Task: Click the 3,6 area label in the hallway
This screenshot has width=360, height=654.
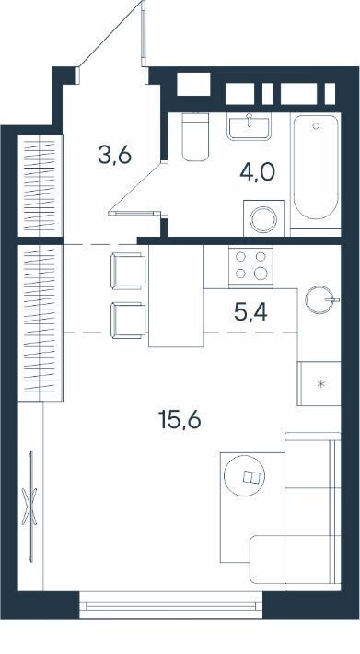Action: [114, 155]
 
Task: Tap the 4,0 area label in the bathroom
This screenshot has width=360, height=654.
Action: [258, 171]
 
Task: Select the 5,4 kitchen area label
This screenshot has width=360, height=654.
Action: [250, 312]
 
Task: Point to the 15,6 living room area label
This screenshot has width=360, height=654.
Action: [180, 420]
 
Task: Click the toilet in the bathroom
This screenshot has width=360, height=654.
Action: [195, 137]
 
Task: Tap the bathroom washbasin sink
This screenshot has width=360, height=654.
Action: [249, 126]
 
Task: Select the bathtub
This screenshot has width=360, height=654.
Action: [316, 167]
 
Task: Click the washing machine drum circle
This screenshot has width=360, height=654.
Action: [263, 219]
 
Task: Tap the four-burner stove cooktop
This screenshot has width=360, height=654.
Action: [250, 265]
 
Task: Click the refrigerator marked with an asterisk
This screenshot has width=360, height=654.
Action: [319, 384]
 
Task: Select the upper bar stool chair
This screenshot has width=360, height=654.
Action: [128, 271]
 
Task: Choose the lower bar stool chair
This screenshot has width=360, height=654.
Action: [128, 321]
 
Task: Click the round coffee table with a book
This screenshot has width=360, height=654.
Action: [244, 475]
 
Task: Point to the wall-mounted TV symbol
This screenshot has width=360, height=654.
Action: [30, 507]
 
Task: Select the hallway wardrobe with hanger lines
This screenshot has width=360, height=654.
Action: [40, 186]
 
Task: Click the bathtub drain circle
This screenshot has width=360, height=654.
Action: [316, 125]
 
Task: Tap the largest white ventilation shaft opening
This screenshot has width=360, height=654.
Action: [193, 84]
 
